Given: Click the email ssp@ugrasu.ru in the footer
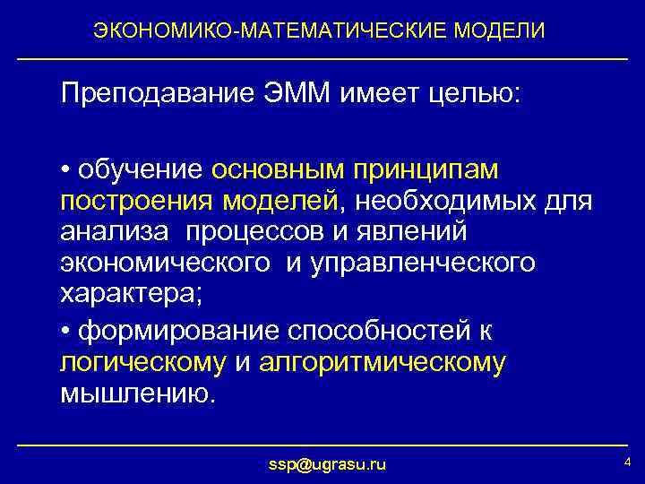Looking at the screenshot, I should pos(328,464).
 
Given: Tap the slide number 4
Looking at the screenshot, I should pos(627,462).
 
